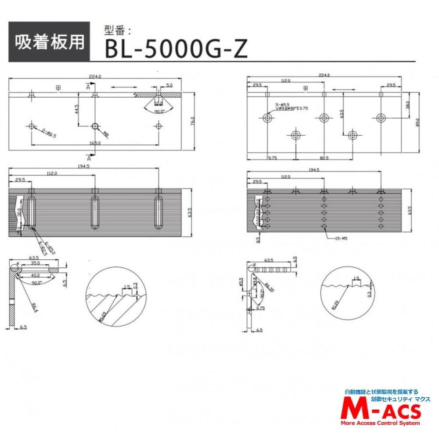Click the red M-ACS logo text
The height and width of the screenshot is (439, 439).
(x=381, y=411)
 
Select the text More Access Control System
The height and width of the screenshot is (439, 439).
(x=380, y=423)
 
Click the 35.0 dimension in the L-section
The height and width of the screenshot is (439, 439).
(x=35, y=263)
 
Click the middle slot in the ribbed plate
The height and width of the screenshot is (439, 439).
(x=95, y=212)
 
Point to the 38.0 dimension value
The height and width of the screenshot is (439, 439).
(x=407, y=105)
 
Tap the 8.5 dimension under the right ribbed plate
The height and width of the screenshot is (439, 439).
(x=258, y=240)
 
